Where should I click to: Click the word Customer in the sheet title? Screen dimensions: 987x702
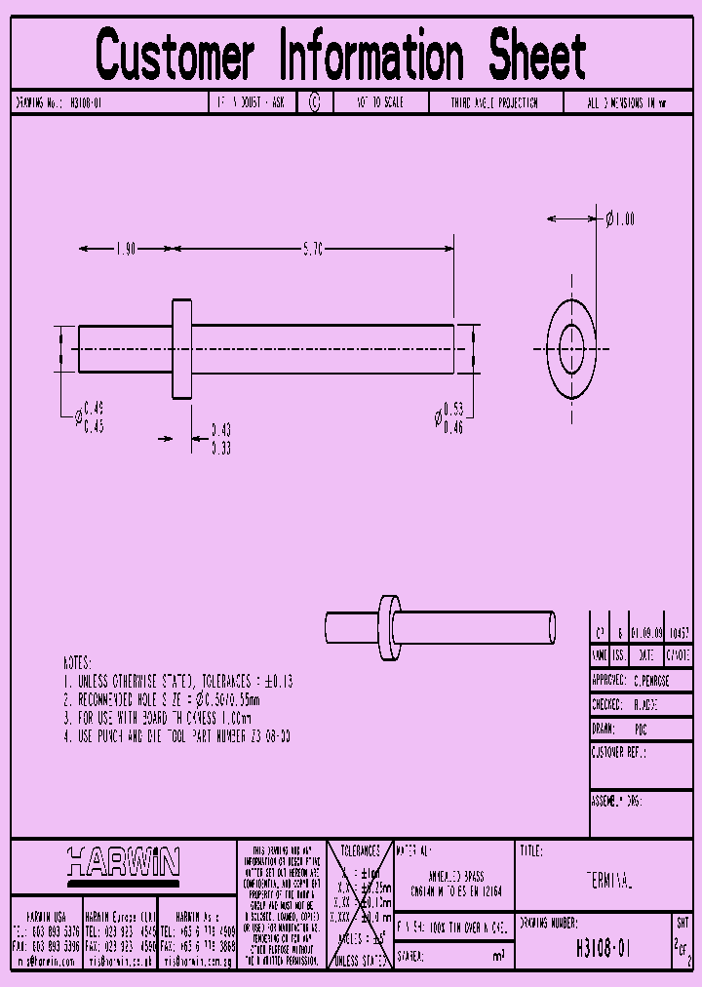tap(175, 56)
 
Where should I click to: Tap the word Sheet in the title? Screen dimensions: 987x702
tap(537, 56)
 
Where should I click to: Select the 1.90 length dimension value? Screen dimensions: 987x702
tap(125, 250)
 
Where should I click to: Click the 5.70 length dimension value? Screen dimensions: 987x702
tap(313, 250)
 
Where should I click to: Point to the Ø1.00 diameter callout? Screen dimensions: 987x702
tap(620, 219)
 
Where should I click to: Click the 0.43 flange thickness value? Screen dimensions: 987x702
tap(221, 429)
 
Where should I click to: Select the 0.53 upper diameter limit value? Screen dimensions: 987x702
tap(453, 408)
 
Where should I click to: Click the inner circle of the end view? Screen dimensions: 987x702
tap(571, 348)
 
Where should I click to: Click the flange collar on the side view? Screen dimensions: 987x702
tap(181, 349)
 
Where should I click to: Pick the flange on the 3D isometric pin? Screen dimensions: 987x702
tap(388, 627)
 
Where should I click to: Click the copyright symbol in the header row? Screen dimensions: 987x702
tap(314, 102)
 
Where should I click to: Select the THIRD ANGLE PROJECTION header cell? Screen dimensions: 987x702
tap(493, 102)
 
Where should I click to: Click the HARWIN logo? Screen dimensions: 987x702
tap(124, 862)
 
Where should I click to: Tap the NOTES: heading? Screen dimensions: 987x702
tap(77, 661)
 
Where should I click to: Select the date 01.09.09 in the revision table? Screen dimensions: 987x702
tap(646, 632)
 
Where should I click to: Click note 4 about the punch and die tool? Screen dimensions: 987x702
tap(176, 736)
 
